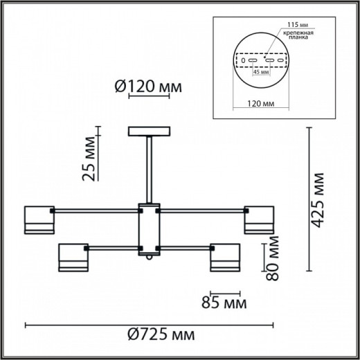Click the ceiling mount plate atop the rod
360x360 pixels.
(148, 132)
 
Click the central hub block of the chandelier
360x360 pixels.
(148, 228)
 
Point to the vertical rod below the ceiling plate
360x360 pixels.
(148, 170)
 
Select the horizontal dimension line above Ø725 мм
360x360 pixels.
(149, 324)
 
